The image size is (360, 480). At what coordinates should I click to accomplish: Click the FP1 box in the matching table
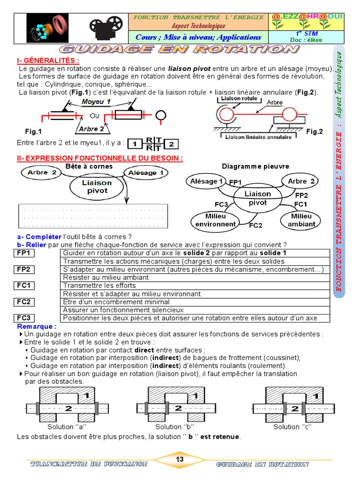[24, 253]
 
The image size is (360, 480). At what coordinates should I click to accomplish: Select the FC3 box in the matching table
[24, 318]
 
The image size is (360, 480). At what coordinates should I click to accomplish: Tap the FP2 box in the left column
[24, 270]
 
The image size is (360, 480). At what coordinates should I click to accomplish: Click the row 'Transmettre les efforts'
[196, 285]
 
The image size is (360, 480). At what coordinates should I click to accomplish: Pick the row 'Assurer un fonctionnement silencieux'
[196, 310]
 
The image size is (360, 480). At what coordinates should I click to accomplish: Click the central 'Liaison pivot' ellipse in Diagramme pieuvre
[257, 198]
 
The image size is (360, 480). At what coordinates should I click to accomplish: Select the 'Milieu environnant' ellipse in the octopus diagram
[216, 220]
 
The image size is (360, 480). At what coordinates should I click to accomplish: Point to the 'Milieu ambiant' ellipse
[301, 220]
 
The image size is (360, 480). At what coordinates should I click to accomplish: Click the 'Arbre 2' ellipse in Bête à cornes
[42, 172]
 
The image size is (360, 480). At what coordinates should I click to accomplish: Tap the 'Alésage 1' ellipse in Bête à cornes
[146, 172]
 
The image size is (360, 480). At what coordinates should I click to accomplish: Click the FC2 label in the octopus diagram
[255, 225]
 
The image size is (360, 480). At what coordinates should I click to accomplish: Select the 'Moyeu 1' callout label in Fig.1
[96, 101]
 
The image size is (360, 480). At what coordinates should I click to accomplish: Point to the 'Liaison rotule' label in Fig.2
[239, 99]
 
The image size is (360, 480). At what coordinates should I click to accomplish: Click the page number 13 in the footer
[180, 460]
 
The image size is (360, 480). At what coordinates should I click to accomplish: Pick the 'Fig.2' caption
[315, 132]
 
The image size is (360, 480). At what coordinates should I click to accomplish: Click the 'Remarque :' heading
[37, 326]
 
